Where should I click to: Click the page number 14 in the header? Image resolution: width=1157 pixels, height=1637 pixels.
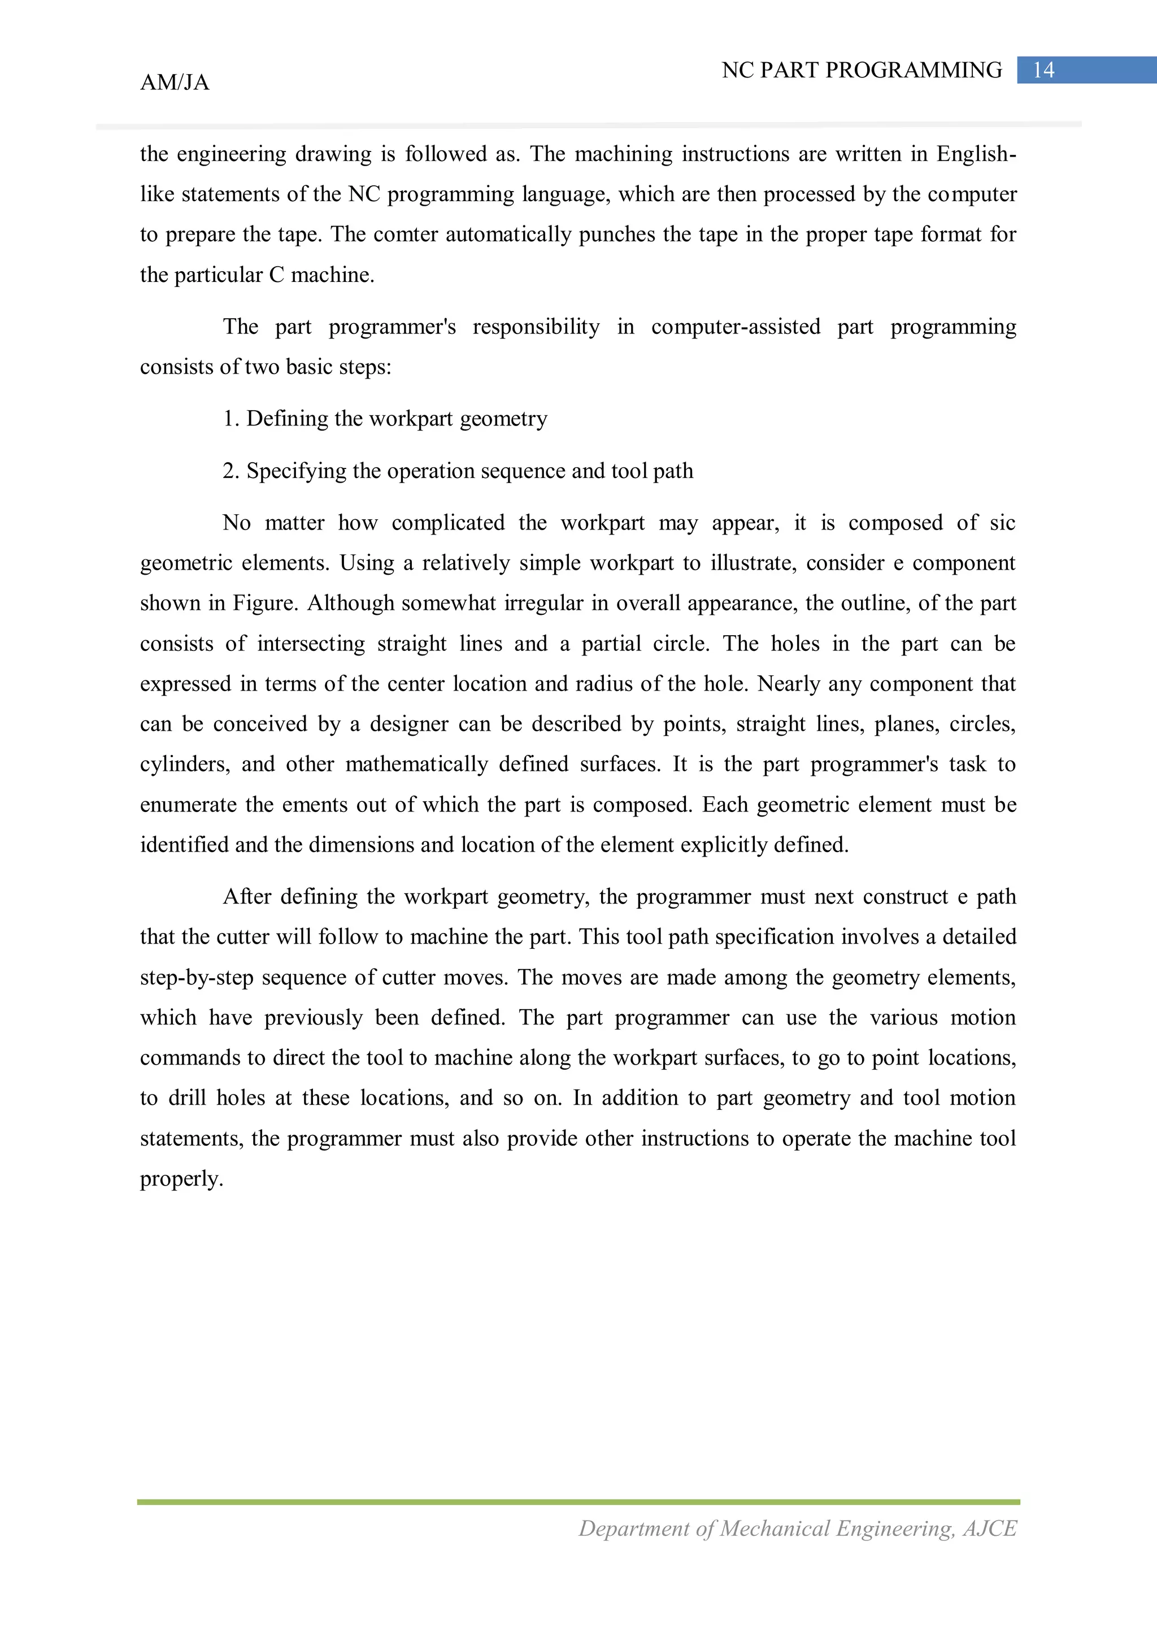(x=1043, y=70)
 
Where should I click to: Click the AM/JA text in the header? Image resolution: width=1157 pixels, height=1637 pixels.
(x=175, y=82)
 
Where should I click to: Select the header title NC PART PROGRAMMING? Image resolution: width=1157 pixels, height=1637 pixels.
(x=861, y=70)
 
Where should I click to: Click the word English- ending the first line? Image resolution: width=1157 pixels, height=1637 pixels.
(x=976, y=154)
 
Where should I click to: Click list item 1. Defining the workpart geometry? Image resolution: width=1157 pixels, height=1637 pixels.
(x=385, y=419)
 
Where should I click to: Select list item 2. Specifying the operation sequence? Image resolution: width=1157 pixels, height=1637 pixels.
(x=458, y=471)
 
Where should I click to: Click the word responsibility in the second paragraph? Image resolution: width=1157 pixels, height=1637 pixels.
(x=536, y=327)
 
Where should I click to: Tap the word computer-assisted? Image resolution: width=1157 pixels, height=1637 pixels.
(x=736, y=327)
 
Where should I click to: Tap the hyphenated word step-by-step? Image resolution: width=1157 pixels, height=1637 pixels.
(x=196, y=978)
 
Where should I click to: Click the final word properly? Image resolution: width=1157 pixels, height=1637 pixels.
(x=181, y=1179)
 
